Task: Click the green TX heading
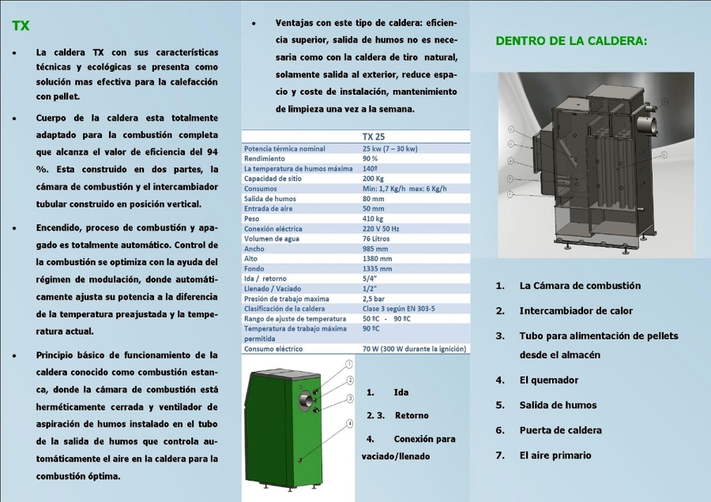(21, 25)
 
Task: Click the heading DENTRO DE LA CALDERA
(571, 40)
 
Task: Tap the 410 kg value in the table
(373, 219)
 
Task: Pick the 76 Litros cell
(378, 238)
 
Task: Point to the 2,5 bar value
(374, 299)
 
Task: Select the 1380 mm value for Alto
(377, 258)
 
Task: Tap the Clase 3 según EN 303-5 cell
(398, 309)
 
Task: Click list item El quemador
(548, 380)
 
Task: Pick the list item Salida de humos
(558, 406)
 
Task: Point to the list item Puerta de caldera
(560, 431)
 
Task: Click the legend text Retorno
(412, 415)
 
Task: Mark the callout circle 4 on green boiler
(349, 424)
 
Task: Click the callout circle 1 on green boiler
(348, 364)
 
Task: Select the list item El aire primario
(555, 455)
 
